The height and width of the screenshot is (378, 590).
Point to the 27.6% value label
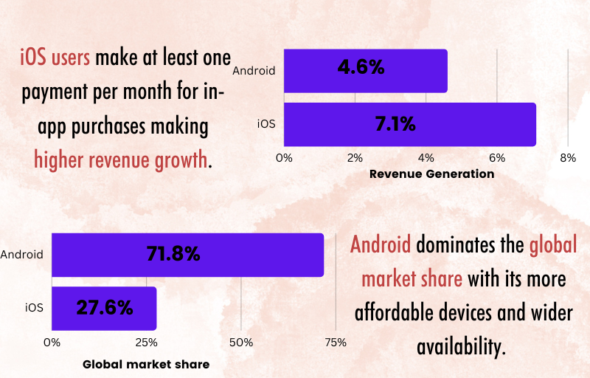(104, 308)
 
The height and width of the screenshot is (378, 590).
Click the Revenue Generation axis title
(431, 175)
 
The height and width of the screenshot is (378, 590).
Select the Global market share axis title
(146, 364)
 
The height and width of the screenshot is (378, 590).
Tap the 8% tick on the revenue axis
(567, 158)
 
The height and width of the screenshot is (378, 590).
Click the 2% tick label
(355, 158)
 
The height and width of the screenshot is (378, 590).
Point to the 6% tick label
(496, 158)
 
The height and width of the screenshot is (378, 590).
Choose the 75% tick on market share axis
(336, 343)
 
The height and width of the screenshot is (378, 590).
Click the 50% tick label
(241, 343)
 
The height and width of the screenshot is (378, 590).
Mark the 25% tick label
(146, 343)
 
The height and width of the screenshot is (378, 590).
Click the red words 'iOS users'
(55, 58)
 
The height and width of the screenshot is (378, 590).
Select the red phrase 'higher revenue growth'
(120, 159)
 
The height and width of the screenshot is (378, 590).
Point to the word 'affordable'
(396, 312)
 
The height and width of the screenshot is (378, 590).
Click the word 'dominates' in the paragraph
(457, 244)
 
